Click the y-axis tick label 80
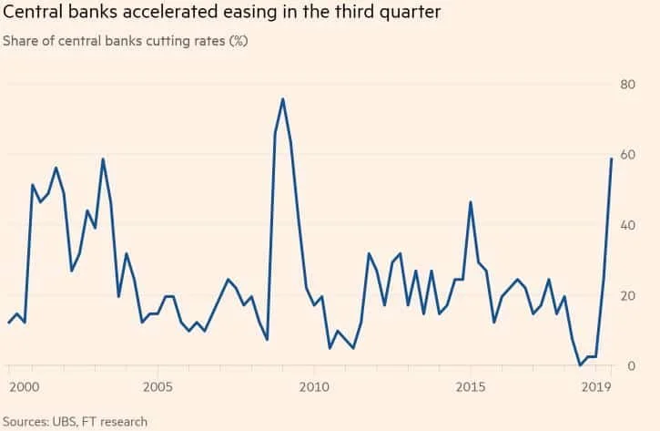click(x=628, y=85)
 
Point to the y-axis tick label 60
click(x=628, y=155)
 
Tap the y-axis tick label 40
click(x=628, y=225)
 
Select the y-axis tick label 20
click(x=628, y=295)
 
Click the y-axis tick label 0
click(x=631, y=365)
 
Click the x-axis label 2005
click(x=157, y=386)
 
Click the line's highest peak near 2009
click(x=283, y=98)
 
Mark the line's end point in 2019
click(x=611, y=159)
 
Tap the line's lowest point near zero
click(x=580, y=365)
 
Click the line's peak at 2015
click(x=470, y=201)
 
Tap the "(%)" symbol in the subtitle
click(x=236, y=42)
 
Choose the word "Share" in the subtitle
click(x=24, y=42)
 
